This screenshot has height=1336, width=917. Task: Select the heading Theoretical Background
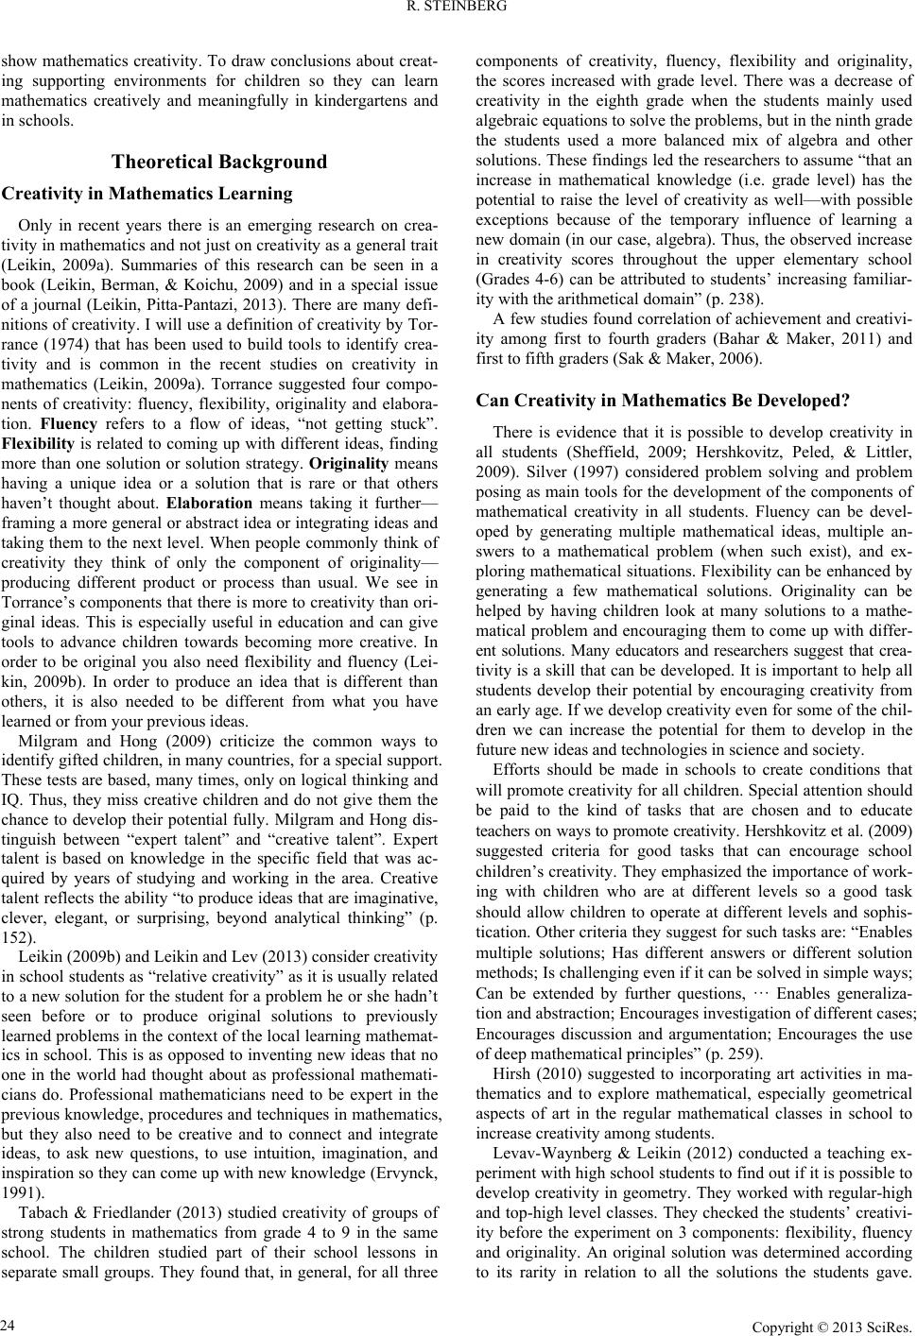point(219,161)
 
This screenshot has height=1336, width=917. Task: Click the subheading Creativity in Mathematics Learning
point(148,194)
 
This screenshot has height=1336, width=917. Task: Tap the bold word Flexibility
point(34,443)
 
